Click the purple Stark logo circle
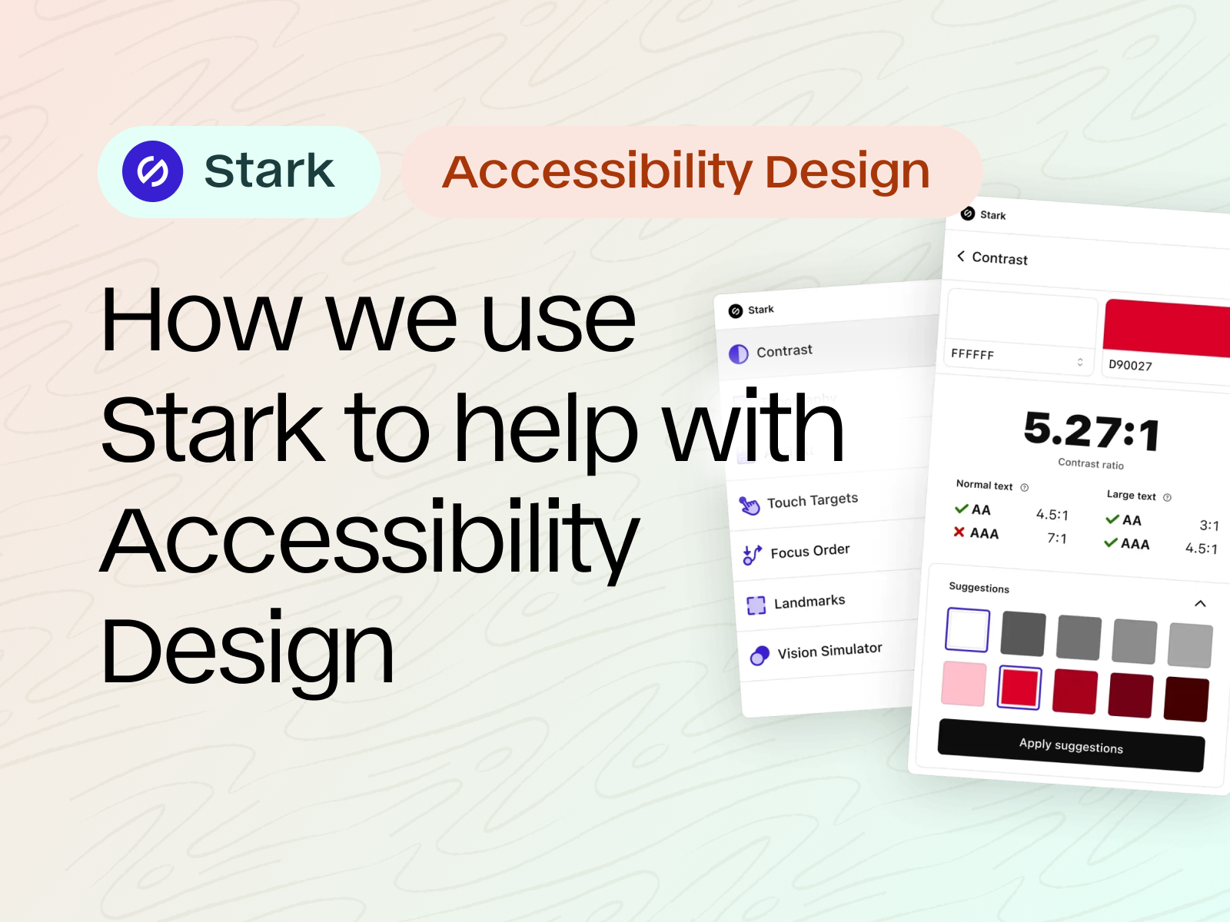[x=152, y=171]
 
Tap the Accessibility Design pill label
[x=686, y=171]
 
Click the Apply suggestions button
[x=1071, y=745]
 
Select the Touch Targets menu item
[x=812, y=501]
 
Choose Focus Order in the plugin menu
[x=809, y=551]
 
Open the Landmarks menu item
[x=809, y=602]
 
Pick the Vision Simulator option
[x=829, y=651]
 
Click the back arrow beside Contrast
[x=960, y=256]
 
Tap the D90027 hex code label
[x=1130, y=365]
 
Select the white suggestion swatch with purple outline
[x=968, y=629]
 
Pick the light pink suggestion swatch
[x=964, y=683]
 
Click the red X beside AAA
[x=959, y=532]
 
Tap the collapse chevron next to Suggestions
[x=1200, y=603]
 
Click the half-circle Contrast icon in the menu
[x=738, y=353]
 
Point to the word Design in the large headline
[x=247, y=651]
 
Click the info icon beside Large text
[x=1167, y=497]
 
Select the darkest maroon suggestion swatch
[x=1186, y=699]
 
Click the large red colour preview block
[x=1166, y=328]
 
